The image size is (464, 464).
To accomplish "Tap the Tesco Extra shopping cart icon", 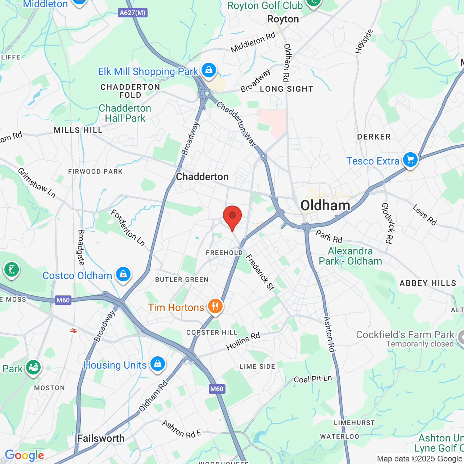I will (x=410, y=160).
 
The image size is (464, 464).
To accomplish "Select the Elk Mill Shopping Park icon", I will (x=208, y=70).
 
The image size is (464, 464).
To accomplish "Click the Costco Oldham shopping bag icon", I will (x=123, y=274).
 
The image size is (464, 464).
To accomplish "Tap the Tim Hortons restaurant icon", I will (x=215, y=307).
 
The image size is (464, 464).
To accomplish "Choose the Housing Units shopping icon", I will (x=157, y=364).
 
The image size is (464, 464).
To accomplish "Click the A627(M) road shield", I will (x=133, y=13).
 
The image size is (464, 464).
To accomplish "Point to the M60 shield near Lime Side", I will (x=217, y=389).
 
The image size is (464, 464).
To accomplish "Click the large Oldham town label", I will (x=325, y=206).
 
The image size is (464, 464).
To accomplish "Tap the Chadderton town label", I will (x=202, y=177).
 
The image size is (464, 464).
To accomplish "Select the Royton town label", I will (x=283, y=19).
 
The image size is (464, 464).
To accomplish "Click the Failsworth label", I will (x=101, y=439).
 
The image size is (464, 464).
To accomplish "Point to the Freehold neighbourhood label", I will (x=224, y=253).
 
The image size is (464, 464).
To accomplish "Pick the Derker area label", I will (x=374, y=137).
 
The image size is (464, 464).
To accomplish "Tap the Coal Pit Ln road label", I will (x=313, y=379).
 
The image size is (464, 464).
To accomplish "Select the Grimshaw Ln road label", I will (x=37, y=183).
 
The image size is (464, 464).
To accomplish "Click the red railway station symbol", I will (x=74, y=330).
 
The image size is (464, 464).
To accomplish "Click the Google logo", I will (x=24, y=455).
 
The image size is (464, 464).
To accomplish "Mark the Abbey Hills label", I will (x=428, y=283).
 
